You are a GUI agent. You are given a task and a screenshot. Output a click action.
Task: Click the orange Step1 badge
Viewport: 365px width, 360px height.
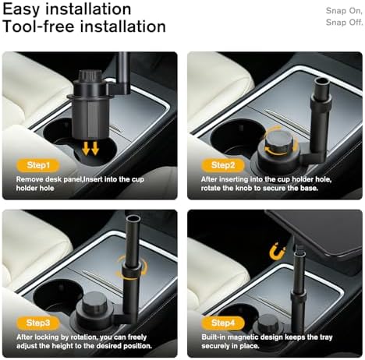[x=38, y=165]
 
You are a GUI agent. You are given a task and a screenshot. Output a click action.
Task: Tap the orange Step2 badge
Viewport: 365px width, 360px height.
[x=223, y=165]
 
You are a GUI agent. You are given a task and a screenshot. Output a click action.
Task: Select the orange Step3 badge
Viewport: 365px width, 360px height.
[x=38, y=323]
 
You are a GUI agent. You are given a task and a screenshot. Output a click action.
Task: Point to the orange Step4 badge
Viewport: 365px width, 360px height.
[x=223, y=323]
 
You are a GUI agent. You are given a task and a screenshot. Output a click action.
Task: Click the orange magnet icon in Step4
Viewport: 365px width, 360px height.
[x=277, y=252]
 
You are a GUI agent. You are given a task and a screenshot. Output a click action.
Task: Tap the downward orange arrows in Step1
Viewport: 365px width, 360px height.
[x=90, y=148]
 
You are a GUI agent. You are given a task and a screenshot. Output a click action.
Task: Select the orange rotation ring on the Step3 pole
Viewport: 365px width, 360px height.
[x=132, y=267]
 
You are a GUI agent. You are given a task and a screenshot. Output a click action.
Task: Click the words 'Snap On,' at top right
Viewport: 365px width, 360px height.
[x=344, y=11]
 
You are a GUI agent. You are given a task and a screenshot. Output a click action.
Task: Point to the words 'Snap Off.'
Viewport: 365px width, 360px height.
[x=344, y=23]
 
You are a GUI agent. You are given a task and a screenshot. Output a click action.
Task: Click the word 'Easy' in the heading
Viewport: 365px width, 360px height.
[x=21, y=9]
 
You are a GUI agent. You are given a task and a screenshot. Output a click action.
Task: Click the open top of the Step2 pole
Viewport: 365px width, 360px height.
[x=321, y=81]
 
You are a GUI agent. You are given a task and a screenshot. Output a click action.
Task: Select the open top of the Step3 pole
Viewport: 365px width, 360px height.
[x=133, y=218]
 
